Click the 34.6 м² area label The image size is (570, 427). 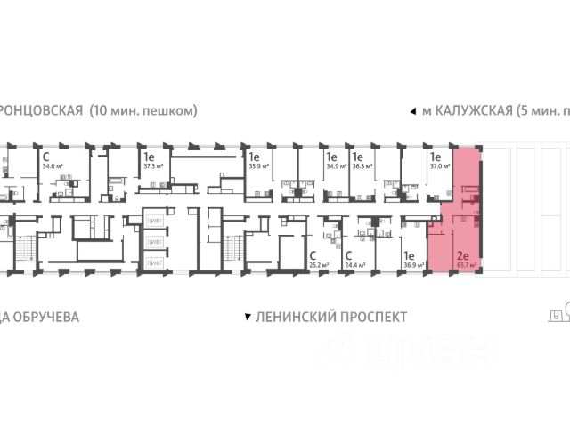tap(50, 165)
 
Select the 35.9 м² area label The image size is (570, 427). tap(258, 165)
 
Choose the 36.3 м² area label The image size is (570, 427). tap(362, 165)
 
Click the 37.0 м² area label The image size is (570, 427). tap(439, 165)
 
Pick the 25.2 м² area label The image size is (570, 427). tap(319, 264)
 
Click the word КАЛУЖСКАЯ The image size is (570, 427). tap(473, 111)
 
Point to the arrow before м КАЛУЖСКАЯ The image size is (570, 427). tap(411, 112)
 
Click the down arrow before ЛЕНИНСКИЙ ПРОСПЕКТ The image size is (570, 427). tap(247, 317)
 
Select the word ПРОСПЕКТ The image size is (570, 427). tap(370, 317)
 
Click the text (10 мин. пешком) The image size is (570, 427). tap(142, 111)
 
